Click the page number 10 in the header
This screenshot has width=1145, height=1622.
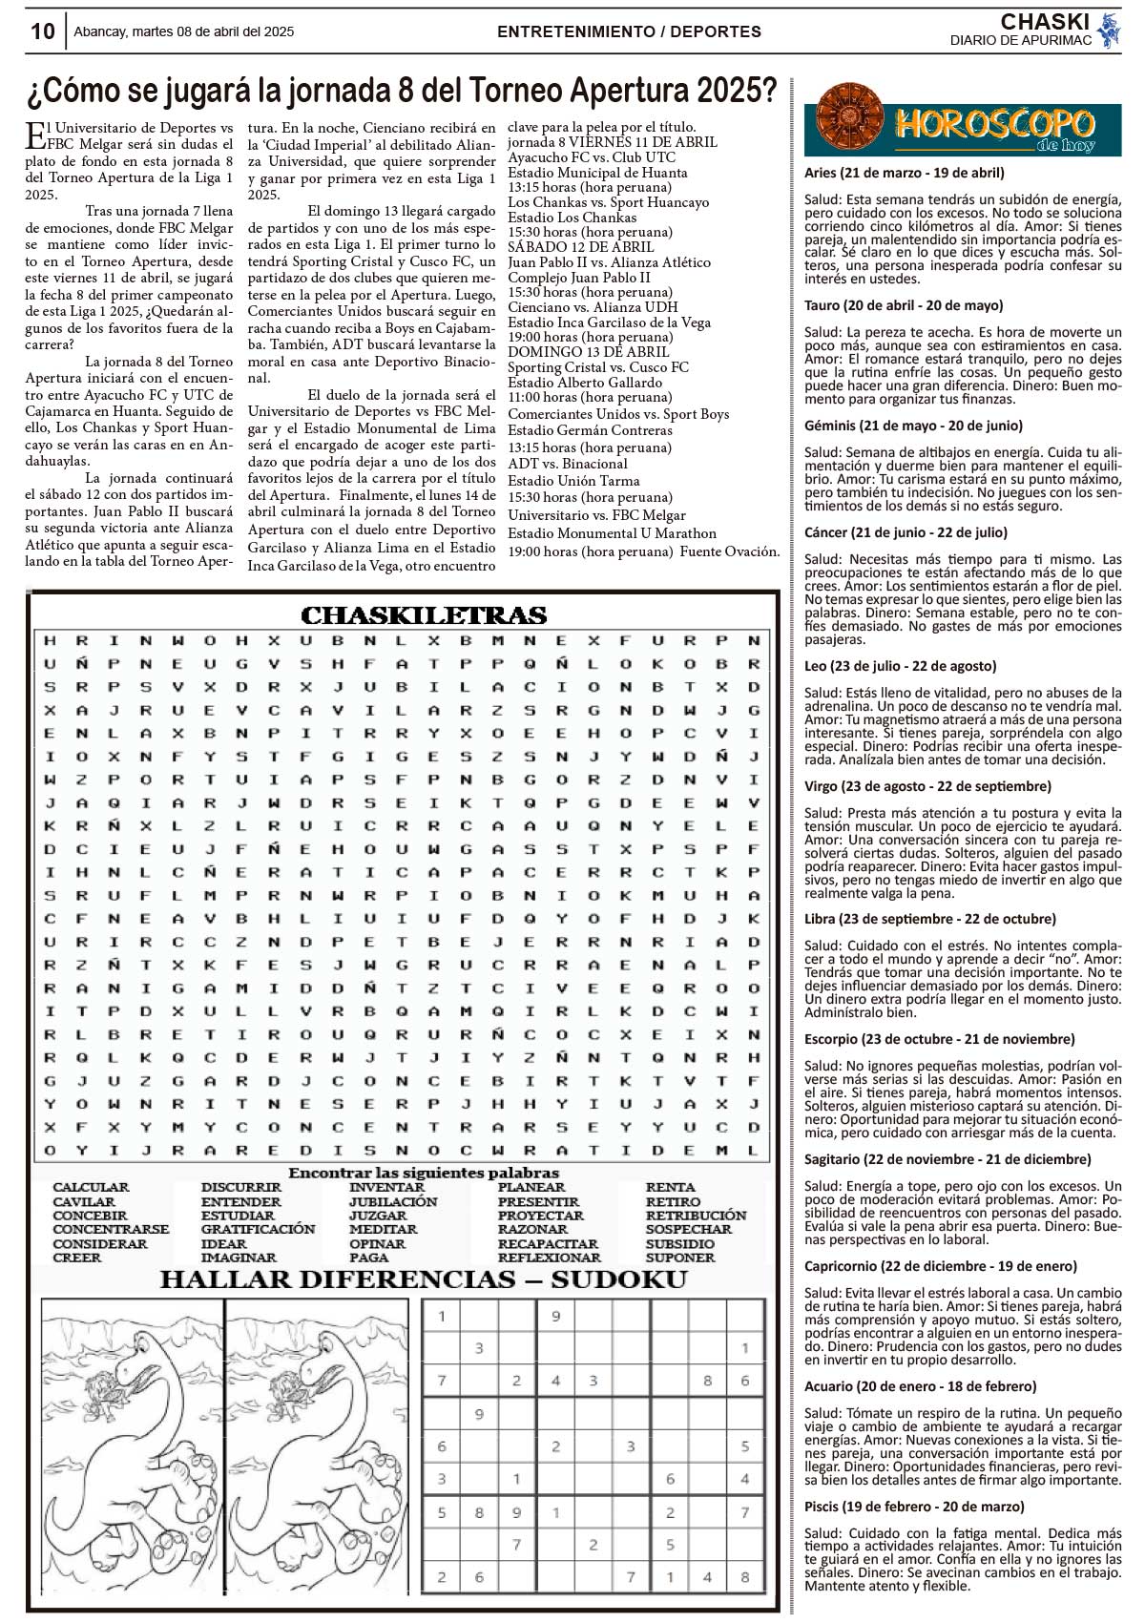point(43,31)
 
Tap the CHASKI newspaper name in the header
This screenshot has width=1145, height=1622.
point(1044,22)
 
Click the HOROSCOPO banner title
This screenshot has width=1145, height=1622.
point(994,123)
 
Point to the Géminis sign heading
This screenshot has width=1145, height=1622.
point(913,426)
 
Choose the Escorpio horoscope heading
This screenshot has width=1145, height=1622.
point(939,1039)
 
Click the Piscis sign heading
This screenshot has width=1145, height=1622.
point(914,1507)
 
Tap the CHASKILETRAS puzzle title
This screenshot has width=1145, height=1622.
point(424,615)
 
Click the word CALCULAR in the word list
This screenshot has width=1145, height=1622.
point(91,1188)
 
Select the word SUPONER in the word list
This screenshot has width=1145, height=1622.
point(680,1258)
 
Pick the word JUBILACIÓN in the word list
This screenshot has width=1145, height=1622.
point(393,1202)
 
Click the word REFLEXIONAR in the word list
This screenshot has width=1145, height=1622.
point(550,1258)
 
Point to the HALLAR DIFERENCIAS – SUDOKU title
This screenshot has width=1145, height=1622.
point(424,1279)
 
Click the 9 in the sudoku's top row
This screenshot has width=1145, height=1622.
point(555,1317)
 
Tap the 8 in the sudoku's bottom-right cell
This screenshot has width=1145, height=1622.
point(744,1577)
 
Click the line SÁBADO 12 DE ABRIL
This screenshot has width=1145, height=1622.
point(581,247)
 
